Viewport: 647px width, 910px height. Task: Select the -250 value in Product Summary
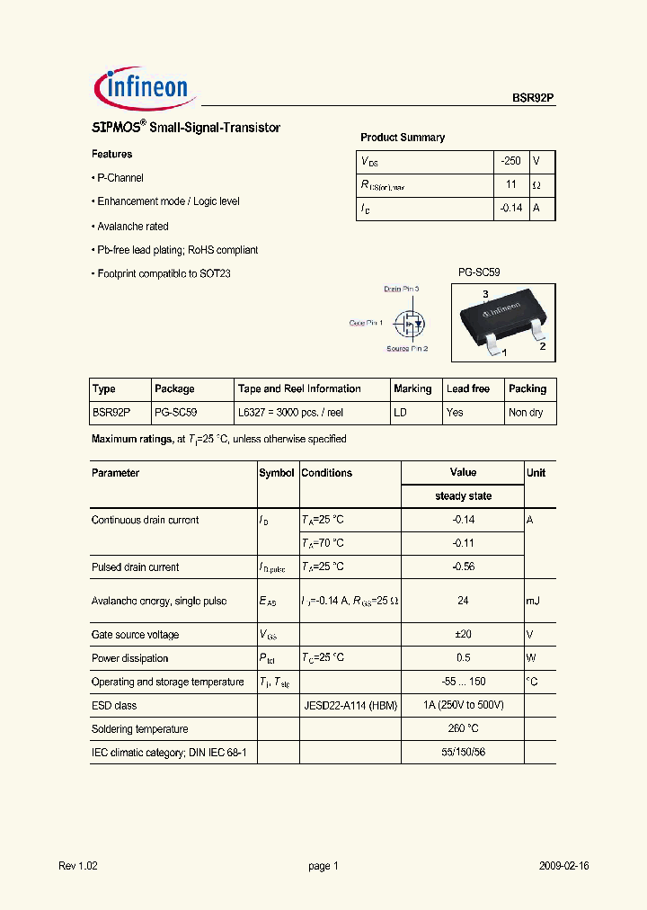tap(510, 161)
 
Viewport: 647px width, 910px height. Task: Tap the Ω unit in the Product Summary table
tap(536, 184)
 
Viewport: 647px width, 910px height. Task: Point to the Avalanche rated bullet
tap(132, 227)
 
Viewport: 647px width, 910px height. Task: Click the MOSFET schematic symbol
tap(412, 321)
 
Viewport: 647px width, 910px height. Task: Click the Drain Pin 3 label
tap(402, 289)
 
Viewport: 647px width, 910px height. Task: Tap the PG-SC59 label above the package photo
tap(479, 272)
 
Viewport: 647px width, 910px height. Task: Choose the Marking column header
tap(412, 388)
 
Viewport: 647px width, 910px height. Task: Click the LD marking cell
tap(400, 413)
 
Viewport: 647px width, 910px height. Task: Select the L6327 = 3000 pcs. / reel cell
tap(290, 413)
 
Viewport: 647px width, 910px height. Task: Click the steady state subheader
tap(463, 496)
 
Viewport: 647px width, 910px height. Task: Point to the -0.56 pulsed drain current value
tap(463, 567)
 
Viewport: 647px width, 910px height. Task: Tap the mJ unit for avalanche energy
tap(534, 601)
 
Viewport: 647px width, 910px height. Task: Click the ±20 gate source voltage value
tap(463, 635)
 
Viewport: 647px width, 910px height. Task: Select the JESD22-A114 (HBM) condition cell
tap(350, 706)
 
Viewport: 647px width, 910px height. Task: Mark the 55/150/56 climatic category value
tap(463, 753)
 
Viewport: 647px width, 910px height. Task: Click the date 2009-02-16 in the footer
tap(564, 866)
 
